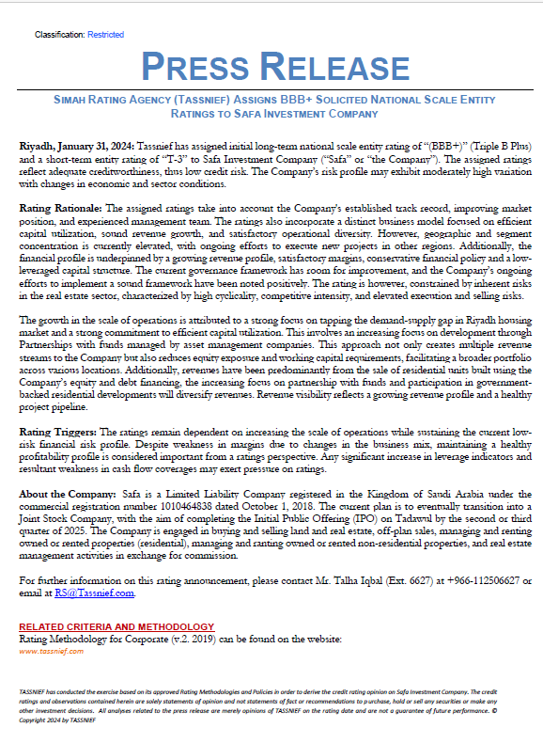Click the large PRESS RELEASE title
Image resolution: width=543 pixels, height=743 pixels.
pyautogui.click(x=271, y=67)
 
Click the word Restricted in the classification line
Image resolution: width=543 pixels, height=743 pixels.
pyautogui.click(x=105, y=34)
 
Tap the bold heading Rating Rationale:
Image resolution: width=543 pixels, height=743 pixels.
pyautogui.click(x=61, y=205)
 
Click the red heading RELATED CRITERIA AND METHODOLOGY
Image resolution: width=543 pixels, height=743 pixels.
pyautogui.click(x=116, y=626)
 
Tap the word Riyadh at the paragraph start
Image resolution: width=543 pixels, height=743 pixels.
pyautogui.click(x=36, y=148)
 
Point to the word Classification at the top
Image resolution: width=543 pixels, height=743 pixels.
pyautogui.click(x=58, y=34)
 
